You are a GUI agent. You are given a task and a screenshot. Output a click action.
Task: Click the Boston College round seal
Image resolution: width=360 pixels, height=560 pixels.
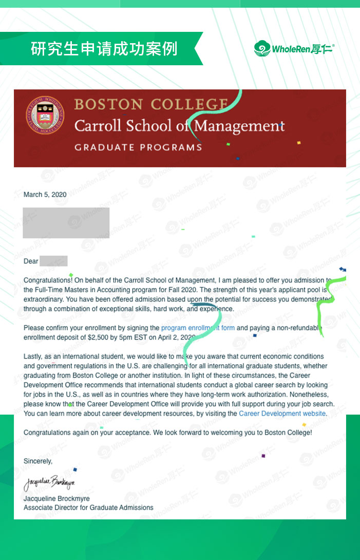[x=45, y=115]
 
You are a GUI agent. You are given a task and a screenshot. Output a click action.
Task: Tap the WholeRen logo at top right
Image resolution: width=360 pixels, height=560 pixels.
[x=294, y=49]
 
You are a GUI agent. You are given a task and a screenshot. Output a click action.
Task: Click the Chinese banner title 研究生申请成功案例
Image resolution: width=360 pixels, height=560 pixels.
[x=104, y=49]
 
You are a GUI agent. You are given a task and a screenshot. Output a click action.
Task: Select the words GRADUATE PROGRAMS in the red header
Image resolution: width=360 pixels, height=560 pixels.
[x=138, y=147]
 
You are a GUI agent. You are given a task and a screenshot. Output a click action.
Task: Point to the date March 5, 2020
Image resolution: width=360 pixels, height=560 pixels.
[x=45, y=195]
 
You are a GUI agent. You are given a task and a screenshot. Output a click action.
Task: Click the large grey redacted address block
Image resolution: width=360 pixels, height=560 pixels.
[x=66, y=222]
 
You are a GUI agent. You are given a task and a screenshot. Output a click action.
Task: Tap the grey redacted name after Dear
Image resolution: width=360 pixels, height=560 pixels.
[x=53, y=261]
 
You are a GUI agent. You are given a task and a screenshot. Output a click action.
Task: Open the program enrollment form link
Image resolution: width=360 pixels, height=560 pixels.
[x=198, y=328]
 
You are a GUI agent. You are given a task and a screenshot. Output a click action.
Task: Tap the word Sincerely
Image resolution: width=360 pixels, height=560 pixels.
[x=38, y=461]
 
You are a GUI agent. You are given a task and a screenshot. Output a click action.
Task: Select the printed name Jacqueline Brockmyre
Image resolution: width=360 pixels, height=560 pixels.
[x=56, y=499]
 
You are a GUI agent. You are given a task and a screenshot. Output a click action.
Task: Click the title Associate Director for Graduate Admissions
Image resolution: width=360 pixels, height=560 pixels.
[x=88, y=508]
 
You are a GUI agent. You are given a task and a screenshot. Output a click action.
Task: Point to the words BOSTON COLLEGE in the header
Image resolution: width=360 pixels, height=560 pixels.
[x=151, y=104]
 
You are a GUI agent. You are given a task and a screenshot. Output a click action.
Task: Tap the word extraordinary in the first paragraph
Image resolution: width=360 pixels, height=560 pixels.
[x=43, y=299]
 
